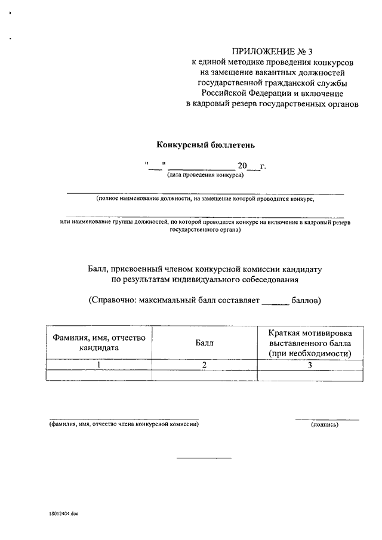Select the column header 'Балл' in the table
[204, 342]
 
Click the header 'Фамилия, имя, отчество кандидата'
[99, 342]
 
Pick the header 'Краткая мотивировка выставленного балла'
[309, 342]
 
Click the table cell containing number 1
[99, 365]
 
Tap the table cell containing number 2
[204, 365]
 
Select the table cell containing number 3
[309, 365]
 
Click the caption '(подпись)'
[325, 424]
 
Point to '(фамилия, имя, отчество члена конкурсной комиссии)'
[124, 424]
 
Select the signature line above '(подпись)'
[327, 419]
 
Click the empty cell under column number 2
[204, 375]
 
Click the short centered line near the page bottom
[203, 458]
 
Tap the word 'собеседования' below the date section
[270, 279]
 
